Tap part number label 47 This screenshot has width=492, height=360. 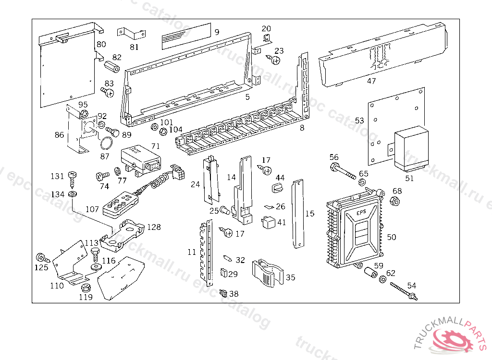tap(371, 81)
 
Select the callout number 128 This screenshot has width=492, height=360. tap(154, 227)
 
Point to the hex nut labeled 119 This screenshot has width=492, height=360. tap(86, 288)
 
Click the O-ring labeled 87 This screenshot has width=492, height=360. tap(107, 143)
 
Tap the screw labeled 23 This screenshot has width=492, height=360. tap(275, 60)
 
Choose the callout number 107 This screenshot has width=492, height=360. tap(92, 210)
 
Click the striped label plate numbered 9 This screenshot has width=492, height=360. tap(185, 36)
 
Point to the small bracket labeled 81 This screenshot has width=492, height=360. tap(131, 33)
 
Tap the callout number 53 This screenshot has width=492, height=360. tap(359, 120)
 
